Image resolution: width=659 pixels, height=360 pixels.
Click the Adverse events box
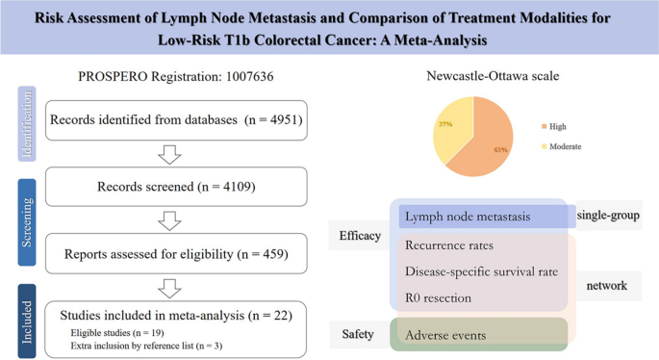478,334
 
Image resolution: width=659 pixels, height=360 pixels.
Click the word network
608,286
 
